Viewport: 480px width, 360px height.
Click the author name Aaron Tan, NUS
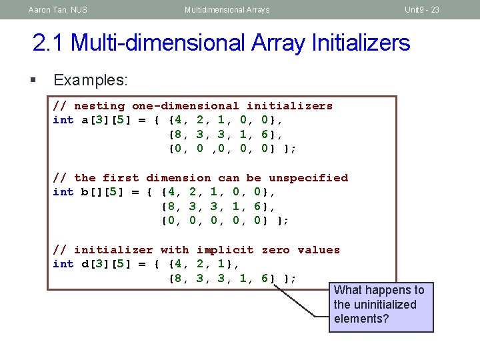pos(58,10)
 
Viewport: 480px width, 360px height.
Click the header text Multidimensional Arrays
pos(227,10)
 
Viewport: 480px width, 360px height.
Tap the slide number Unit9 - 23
pos(421,10)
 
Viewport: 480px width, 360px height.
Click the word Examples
pos(90,81)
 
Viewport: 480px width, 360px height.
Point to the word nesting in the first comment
pos(99,106)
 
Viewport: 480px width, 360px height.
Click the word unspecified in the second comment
pos(308,178)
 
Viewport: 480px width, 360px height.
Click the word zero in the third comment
pos(275,250)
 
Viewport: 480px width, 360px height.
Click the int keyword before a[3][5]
pos(63,121)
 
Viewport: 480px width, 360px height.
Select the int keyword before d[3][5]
pos(63,265)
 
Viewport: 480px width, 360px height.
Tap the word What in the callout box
pos(349,290)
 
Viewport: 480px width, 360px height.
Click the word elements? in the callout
pos(361,319)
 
